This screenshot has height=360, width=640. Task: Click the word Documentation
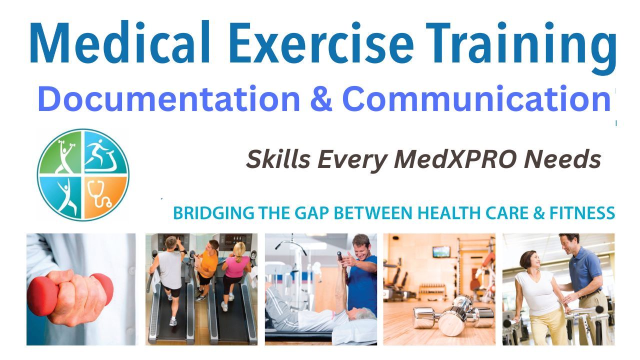click(168, 98)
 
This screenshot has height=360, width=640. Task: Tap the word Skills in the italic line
click(277, 159)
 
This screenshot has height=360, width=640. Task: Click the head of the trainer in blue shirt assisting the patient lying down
click(362, 245)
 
